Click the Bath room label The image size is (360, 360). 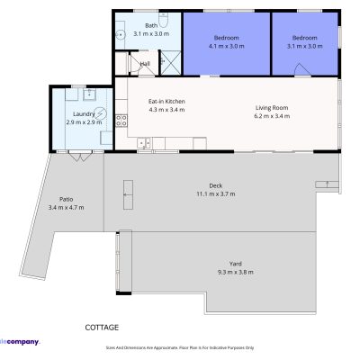(x=151, y=26)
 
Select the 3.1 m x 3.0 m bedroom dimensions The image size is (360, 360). (x=303, y=46)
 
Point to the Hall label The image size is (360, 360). (x=144, y=64)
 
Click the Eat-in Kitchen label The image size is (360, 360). (x=166, y=102)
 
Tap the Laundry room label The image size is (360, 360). (x=83, y=114)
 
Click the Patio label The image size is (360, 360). (x=66, y=200)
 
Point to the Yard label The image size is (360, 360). (x=236, y=264)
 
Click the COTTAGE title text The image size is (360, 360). (x=102, y=328)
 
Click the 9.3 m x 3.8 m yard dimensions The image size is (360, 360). (x=236, y=272)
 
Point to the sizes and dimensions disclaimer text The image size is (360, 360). (x=180, y=346)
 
